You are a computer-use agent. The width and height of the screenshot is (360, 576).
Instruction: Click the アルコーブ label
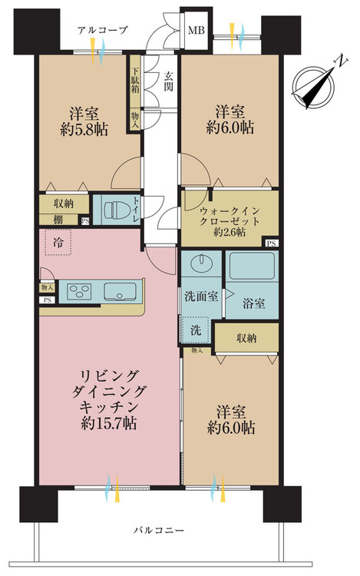pos(102,29)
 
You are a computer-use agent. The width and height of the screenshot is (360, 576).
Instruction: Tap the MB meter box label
pos(195,31)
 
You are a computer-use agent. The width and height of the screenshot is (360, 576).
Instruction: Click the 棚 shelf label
pos(58,221)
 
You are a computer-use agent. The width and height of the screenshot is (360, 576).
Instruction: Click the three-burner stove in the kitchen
pos(81,291)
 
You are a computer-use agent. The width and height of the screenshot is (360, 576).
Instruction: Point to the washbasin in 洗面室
pos(202,263)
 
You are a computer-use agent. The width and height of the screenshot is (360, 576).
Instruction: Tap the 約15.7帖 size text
pos(107,423)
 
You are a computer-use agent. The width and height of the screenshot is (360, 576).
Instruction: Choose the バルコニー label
pos(157,531)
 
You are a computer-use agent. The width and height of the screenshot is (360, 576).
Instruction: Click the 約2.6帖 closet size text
pos(229,232)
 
